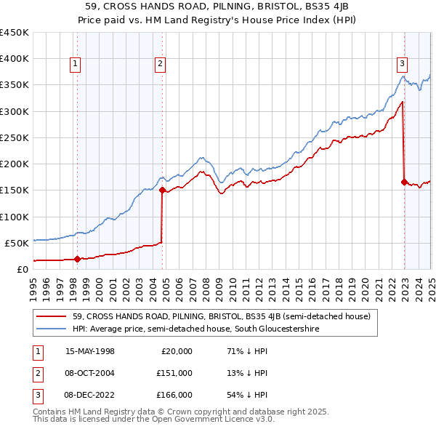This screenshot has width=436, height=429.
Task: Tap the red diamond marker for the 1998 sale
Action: pyautogui.click(x=77, y=258)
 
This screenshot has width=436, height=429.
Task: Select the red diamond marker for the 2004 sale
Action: pyautogui.click(x=162, y=190)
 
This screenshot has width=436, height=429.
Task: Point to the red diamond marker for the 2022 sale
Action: pyautogui.click(x=404, y=182)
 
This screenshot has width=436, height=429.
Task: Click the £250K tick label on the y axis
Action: pyautogui.click(x=15, y=137)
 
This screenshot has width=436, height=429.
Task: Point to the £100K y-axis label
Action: pyautogui.click(x=15, y=217)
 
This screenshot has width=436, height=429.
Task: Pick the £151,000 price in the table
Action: pyautogui.click(x=175, y=373)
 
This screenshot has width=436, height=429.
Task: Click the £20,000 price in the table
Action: pyautogui.click(x=177, y=350)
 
